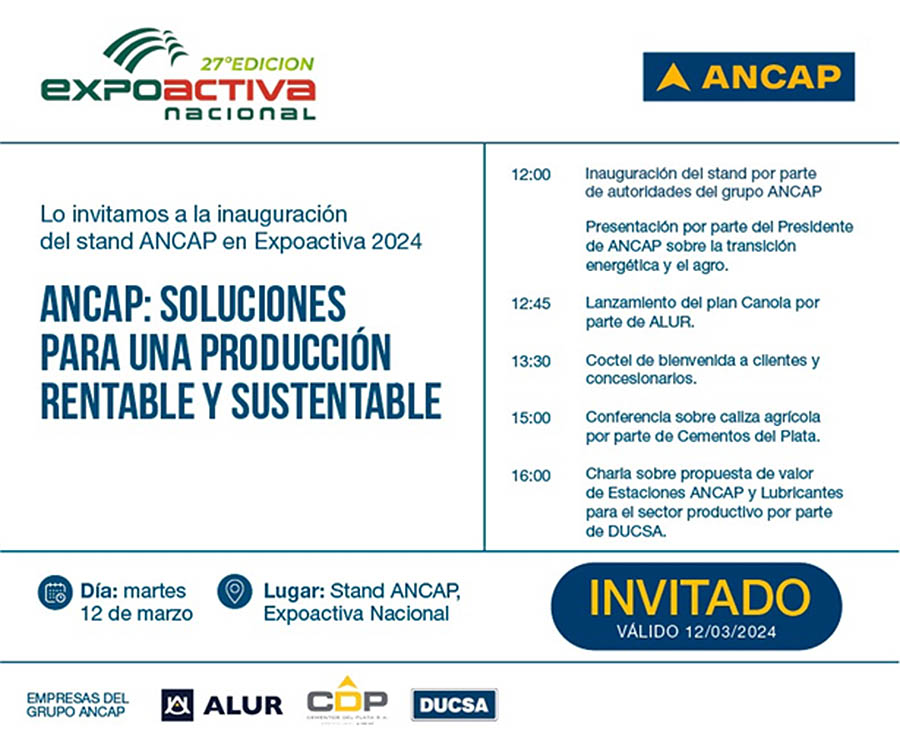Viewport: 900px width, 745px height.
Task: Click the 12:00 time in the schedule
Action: pyautogui.click(x=531, y=174)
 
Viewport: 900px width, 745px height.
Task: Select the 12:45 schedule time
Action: pyautogui.click(x=531, y=304)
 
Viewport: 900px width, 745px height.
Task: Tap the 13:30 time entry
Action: pyautogui.click(x=531, y=362)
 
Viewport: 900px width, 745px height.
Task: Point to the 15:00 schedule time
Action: pyautogui.click(x=531, y=418)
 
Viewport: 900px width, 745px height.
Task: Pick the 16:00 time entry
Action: pyautogui.click(x=531, y=476)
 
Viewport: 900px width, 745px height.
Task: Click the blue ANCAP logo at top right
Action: pyautogui.click(x=748, y=77)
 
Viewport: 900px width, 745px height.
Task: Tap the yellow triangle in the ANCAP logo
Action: pyautogui.click(x=673, y=78)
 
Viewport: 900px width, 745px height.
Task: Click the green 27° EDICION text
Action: pyautogui.click(x=257, y=64)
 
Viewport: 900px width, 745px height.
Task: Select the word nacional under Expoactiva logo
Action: pyautogui.click(x=240, y=112)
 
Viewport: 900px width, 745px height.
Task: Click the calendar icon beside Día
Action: pyautogui.click(x=55, y=592)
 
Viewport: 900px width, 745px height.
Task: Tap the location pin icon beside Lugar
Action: pyautogui.click(x=235, y=591)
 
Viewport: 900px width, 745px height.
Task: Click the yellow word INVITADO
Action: pyautogui.click(x=699, y=597)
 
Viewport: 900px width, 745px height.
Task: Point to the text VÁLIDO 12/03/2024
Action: pyautogui.click(x=696, y=632)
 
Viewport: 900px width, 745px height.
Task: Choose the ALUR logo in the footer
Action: pyautogui.click(x=222, y=705)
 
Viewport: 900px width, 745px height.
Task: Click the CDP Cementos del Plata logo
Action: pyautogui.click(x=347, y=700)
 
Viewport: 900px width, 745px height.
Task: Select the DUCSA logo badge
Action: pyautogui.click(x=454, y=705)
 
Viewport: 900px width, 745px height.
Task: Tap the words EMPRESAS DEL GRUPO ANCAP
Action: pyautogui.click(x=77, y=705)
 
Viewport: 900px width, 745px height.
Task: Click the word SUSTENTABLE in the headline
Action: pyautogui.click(x=336, y=401)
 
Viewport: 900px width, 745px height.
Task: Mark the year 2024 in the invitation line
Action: pyautogui.click(x=397, y=242)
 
